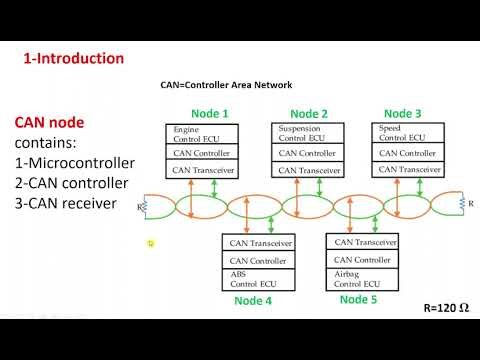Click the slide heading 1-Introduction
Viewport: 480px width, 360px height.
pyautogui.click(x=74, y=59)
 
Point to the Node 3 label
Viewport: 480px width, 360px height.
pyautogui.click(x=403, y=113)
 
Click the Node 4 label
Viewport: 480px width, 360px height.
pyautogui.click(x=253, y=300)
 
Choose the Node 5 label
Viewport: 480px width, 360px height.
pyautogui.click(x=359, y=300)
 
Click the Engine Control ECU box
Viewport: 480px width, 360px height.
pyautogui.click(x=203, y=134)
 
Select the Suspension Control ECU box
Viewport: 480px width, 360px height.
pyautogui.click(x=309, y=134)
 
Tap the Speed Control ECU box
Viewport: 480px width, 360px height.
pyautogui.click(x=408, y=134)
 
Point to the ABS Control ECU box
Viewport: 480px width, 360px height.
pyautogui.click(x=259, y=278)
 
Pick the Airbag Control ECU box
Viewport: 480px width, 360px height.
pyautogui.click(x=363, y=278)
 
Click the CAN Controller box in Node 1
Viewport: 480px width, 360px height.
pyautogui.click(x=203, y=154)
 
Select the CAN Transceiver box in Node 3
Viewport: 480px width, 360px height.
pyautogui.click(x=408, y=171)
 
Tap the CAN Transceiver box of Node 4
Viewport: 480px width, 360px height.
pyautogui.click(x=259, y=242)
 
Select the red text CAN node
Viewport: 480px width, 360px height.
pyautogui.click(x=49, y=123)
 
